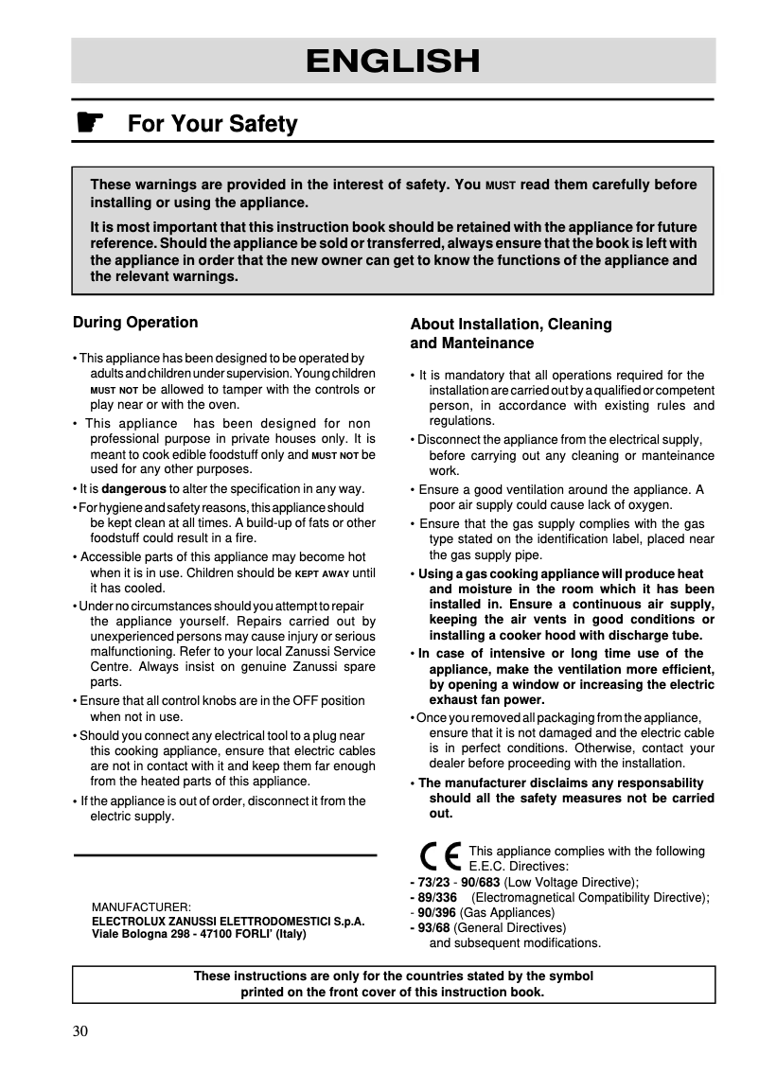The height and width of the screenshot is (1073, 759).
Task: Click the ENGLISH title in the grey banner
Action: tap(393, 61)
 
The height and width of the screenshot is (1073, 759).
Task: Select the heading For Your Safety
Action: tap(212, 124)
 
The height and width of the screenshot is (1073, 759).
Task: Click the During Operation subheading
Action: tap(135, 323)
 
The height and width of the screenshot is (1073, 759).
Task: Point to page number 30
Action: tap(80, 1030)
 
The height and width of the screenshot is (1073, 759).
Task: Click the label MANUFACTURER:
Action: tap(141, 906)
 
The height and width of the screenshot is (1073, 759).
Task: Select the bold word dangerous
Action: tap(133, 489)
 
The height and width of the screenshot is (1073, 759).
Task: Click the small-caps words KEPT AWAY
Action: tap(322, 573)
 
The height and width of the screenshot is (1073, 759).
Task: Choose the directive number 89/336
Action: tap(437, 897)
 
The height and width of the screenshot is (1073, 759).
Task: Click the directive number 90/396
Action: tap(437, 913)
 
